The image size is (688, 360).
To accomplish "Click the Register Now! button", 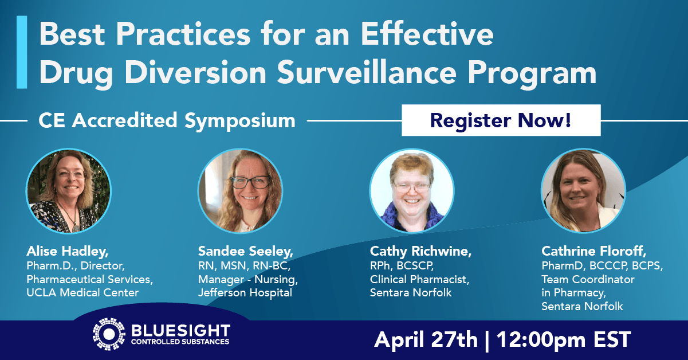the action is (x=501, y=120).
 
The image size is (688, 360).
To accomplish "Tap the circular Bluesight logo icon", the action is (x=109, y=334).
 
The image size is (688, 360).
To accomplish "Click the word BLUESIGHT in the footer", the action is (x=180, y=331).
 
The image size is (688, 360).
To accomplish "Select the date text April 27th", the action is (x=426, y=340).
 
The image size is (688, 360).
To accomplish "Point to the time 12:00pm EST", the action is (x=564, y=340).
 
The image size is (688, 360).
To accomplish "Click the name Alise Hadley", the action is (x=67, y=252).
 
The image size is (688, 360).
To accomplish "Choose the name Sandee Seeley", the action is (x=245, y=252).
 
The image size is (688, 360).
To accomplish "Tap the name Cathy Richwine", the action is (x=420, y=252).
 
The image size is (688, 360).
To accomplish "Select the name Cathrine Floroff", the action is (x=593, y=252).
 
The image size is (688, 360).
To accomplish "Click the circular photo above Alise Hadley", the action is (x=69, y=191).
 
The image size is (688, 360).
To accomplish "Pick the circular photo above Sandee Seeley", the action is (x=240, y=191).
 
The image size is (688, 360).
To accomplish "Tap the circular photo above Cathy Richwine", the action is (x=412, y=191).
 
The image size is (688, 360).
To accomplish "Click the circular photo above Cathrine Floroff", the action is (x=583, y=191).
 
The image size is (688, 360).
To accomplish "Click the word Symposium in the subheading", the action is (x=240, y=121).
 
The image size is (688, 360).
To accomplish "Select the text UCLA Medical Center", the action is (x=82, y=293).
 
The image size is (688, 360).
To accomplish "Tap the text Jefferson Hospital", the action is (x=245, y=293).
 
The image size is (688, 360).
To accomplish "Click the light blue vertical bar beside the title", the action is (x=22, y=52).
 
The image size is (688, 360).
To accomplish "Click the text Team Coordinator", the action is (x=588, y=279).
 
